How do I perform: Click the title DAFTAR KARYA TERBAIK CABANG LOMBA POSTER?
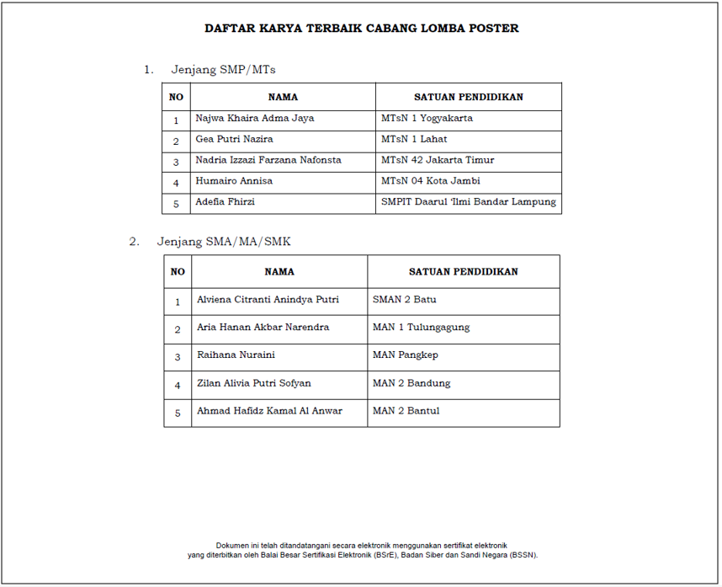click(x=361, y=29)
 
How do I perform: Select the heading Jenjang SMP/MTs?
click(x=223, y=70)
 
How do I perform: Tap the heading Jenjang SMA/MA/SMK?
click(x=224, y=242)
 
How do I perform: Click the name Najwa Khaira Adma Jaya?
click(x=254, y=119)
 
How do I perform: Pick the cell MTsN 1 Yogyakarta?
click(x=427, y=119)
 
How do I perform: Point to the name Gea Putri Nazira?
click(x=234, y=139)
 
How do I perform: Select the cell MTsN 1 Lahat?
click(x=414, y=139)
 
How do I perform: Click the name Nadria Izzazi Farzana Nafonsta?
click(x=268, y=160)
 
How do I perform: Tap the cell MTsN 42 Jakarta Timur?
click(x=438, y=160)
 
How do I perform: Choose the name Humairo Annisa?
click(x=234, y=181)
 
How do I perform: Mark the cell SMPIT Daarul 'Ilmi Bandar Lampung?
click(x=468, y=202)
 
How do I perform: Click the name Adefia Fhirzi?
click(x=225, y=202)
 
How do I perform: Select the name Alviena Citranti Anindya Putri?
click(x=268, y=300)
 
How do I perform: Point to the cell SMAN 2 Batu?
click(x=404, y=300)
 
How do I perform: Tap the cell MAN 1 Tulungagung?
click(x=421, y=328)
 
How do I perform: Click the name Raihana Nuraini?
click(x=236, y=355)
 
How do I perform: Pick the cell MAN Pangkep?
click(x=405, y=355)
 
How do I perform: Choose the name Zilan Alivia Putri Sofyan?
click(x=253, y=383)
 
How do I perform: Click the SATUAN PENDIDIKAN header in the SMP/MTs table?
click(x=468, y=97)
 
